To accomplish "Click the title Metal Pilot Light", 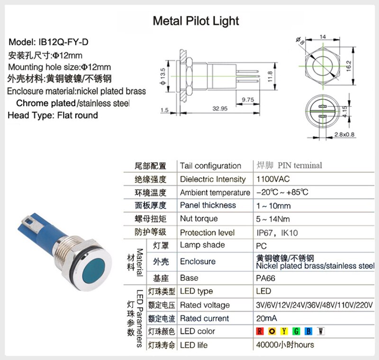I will tap(196, 21).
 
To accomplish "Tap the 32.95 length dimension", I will tap(220, 109).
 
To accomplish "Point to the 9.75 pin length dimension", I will tap(248, 100).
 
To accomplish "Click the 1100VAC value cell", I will tap(272, 179).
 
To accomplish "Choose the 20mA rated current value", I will tap(266, 318).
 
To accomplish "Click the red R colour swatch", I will tap(260, 331).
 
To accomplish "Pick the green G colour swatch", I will tap(296, 331).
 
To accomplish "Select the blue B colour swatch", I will tap(308, 331).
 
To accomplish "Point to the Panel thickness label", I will tap(208, 205).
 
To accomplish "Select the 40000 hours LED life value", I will tap(285, 345).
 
